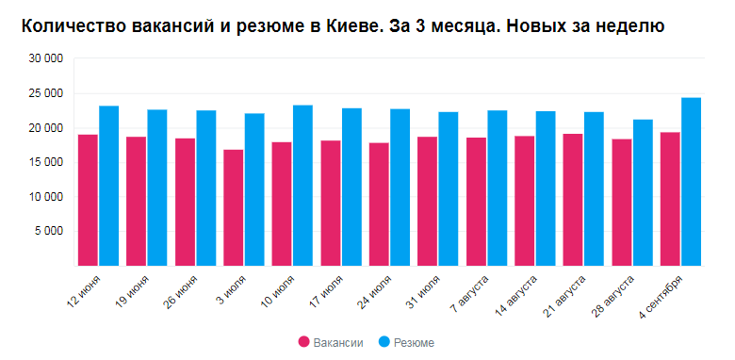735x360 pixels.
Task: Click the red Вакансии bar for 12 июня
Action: coord(88,200)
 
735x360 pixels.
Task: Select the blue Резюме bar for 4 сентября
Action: coord(691,182)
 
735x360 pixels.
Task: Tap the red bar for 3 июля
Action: coord(233,207)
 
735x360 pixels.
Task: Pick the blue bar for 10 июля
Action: coord(302,186)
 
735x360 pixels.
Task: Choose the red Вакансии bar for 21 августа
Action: coord(573,200)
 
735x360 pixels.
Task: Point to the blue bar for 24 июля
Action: coord(400,188)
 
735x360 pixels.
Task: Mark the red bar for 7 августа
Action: coord(476,202)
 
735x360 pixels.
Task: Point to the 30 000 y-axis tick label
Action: coord(45,59)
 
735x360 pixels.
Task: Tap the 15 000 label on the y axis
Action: coord(45,163)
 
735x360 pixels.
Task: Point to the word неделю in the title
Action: coord(631,26)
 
